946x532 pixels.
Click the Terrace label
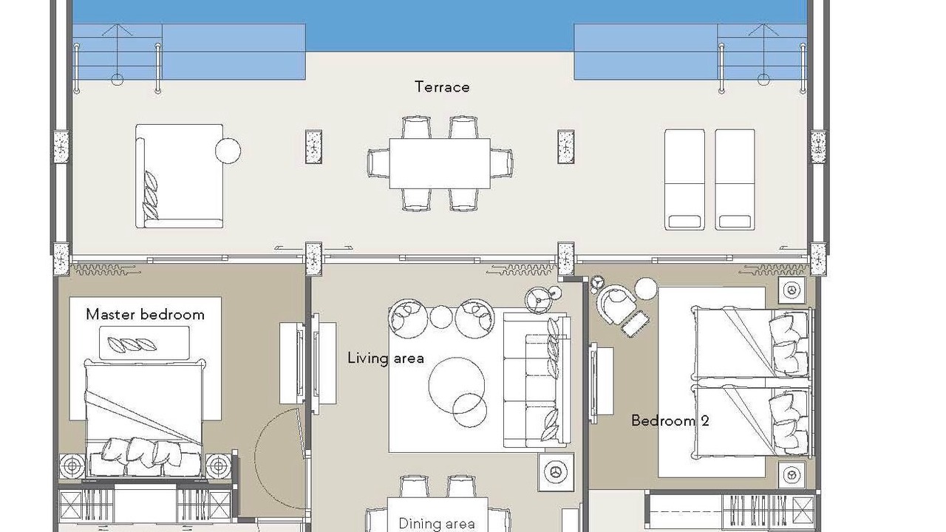pyautogui.click(x=442, y=86)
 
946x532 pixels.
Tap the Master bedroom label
pyautogui.click(x=145, y=315)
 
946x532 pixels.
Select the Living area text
pyautogui.click(x=386, y=358)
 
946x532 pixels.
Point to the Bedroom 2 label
pyautogui.click(x=670, y=420)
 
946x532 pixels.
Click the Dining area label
pyautogui.click(x=437, y=524)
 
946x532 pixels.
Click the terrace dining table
pyautogui.click(x=440, y=163)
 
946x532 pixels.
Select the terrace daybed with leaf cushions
pyautogui.click(x=179, y=176)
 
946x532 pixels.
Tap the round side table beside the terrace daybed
pyautogui.click(x=228, y=150)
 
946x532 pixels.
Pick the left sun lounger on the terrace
pyautogui.click(x=684, y=180)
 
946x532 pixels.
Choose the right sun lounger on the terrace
pyautogui.click(x=735, y=180)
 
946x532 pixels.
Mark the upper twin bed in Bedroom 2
pyautogui.click(x=752, y=343)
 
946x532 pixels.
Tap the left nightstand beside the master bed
pyautogui.click(x=72, y=466)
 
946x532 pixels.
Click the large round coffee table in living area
pyautogui.click(x=456, y=385)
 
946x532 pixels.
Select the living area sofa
pyautogui.click(x=537, y=380)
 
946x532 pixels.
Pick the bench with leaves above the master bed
pyautogui.click(x=144, y=343)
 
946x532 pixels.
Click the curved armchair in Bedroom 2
pyautogui.click(x=616, y=304)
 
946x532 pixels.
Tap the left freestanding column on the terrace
pyautogui.click(x=313, y=146)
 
